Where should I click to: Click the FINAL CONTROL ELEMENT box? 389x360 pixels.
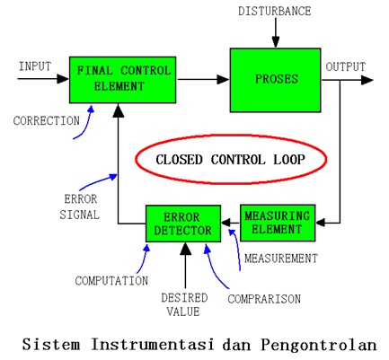[123, 79]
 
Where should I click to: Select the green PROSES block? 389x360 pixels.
[275, 80]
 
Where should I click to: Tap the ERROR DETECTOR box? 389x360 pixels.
[182, 224]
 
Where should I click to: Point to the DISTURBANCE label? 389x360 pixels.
[275, 11]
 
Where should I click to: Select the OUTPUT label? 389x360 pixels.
[345, 66]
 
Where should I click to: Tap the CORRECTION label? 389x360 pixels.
[45, 119]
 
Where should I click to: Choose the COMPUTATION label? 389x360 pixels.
[112, 281]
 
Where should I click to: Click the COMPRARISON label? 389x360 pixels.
[263, 298]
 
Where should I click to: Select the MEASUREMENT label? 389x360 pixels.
[281, 259]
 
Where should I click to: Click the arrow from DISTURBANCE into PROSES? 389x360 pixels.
[275, 34]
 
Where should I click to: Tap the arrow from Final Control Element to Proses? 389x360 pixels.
[203, 80]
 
